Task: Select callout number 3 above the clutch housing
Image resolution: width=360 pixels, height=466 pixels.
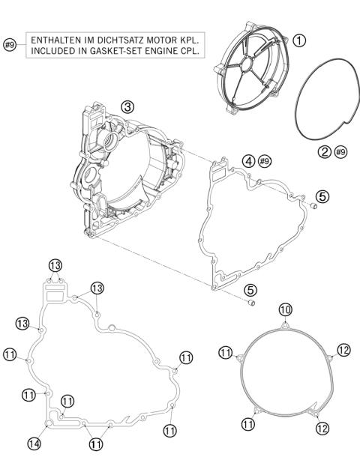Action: [x=128, y=107]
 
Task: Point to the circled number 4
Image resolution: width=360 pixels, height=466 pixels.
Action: [x=247, y=159]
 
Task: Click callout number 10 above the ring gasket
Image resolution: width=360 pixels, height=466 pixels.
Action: [x=285, y=309]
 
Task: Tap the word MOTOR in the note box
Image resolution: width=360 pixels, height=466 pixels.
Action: [x=169, y=38]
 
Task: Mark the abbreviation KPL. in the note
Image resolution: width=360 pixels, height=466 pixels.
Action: [x=196, y=38]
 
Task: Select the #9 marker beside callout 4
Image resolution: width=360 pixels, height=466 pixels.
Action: [x=264, y=159]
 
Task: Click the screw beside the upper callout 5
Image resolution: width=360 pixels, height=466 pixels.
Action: [x=312, y=205]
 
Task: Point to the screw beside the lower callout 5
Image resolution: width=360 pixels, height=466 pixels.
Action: [x=253, y=303]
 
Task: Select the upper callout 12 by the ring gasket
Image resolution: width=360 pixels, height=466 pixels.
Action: [x=343, y=350]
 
